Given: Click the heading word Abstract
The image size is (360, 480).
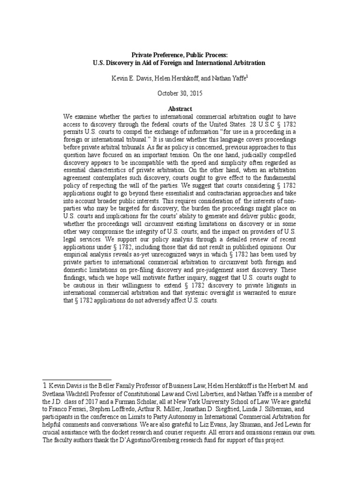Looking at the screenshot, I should tap(180, 109).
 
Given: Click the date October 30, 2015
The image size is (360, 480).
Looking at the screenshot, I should tap(180, 93).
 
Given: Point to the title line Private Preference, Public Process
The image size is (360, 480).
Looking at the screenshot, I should tap(180, 55).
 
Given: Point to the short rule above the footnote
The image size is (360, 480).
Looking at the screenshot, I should tap(77, 379).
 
